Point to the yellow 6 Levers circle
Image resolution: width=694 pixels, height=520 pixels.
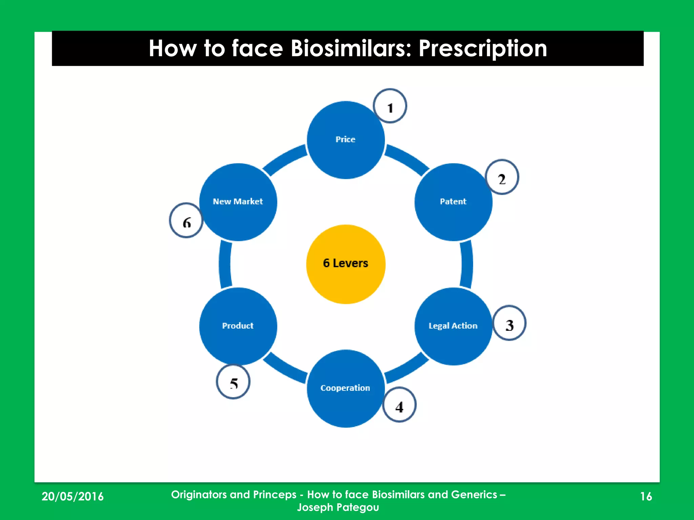click(345, 264)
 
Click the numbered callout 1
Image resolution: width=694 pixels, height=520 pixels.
click(390, 106)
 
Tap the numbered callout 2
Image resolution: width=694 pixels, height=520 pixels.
click(502, 177)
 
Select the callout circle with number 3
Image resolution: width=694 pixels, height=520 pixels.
click(509, 323)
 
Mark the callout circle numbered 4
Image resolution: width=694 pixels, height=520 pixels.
click(399, 405)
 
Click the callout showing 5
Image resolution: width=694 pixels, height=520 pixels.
click(233, 382)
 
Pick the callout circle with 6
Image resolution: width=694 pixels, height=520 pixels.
click(186, 221)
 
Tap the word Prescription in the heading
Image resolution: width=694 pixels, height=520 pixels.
click(483, 48)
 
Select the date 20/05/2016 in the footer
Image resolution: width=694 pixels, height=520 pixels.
click(73, 496)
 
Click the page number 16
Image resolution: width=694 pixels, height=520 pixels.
click(646, 496)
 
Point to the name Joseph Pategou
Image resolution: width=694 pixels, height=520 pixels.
click(338, 507)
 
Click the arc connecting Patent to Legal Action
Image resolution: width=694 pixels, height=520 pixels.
click(467, 264)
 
